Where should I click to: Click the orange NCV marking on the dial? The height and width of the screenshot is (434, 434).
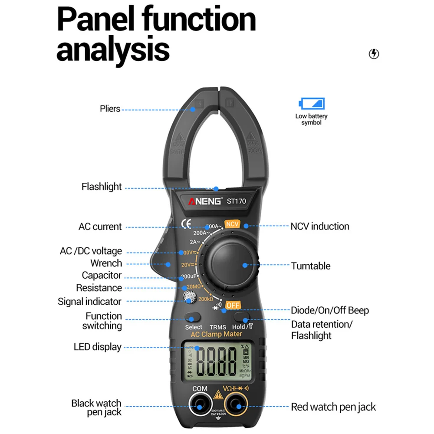point(232,224)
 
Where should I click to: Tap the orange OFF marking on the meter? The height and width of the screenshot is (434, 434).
point(233,305)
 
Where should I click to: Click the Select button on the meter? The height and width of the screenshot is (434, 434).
point(193,317)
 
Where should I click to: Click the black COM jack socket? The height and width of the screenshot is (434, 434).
point(200,406)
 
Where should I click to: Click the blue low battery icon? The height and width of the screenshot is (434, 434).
point(312,104)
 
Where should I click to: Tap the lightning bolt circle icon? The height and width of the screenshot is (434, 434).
point(374,54)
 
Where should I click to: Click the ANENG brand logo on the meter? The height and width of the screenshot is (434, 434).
point(204,201)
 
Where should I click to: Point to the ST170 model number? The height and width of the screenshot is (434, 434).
point(237,201)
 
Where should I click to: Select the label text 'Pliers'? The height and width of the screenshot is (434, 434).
point(110,108)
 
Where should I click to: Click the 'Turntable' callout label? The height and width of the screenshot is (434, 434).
point(311,266)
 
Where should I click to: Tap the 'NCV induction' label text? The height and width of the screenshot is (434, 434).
point(320,226)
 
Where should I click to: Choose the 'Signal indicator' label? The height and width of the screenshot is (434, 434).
point(89,301)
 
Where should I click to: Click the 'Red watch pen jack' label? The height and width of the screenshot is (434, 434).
point(333,407)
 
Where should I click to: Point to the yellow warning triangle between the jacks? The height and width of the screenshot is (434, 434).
point(217,395)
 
